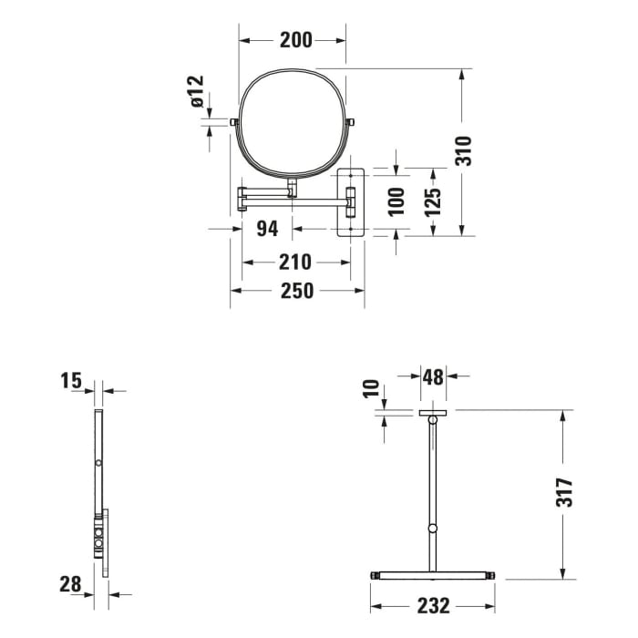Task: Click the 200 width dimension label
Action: coord(295,39)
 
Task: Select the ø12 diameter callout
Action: coord(198,92)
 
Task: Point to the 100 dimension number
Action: coord(396,201)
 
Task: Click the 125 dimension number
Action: coord(434,201)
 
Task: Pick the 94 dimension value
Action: coord(266,228)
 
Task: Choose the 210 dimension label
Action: coord(295,262)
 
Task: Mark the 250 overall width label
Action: coord(296,291)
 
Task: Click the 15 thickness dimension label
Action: coord(72,381)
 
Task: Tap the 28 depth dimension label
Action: coord(72,583)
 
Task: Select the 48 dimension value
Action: coord(432,376)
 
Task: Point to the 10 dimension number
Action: coord(370,389)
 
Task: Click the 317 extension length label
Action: coord(564,492)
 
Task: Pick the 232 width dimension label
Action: coord(433,604)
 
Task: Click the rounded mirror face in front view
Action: coord(293,123)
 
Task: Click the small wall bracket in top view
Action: coord(433,414)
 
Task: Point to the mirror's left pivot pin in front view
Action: coord(234,122)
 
